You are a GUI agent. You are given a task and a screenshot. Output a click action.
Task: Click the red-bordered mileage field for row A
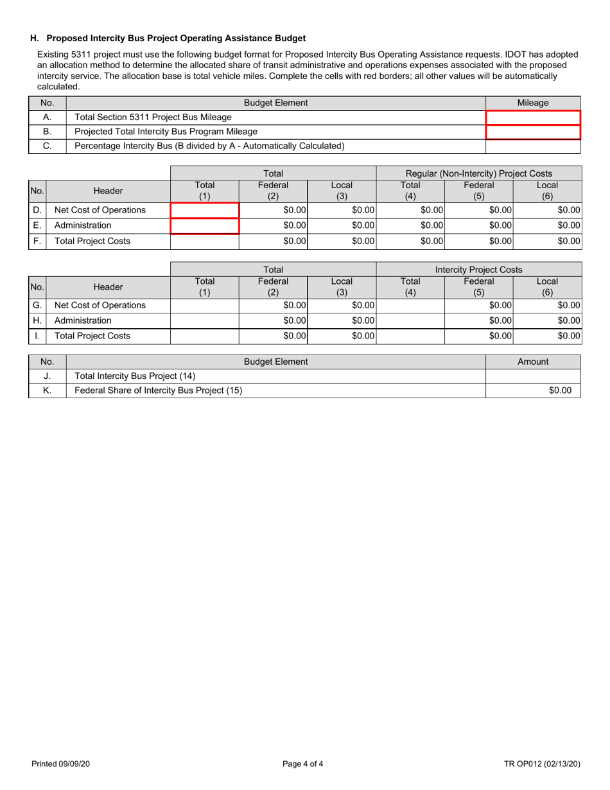(x=533, y=118)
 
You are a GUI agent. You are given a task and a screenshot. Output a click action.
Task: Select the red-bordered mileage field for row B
(x=533, y=132)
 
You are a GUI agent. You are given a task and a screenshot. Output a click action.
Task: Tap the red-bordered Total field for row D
(x=205, y=210)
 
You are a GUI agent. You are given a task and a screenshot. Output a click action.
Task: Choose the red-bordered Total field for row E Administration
(x=205, y=226)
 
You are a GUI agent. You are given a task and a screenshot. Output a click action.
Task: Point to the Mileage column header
(x=533, y=103)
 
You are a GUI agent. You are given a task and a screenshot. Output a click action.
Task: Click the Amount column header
(x=533, y=362)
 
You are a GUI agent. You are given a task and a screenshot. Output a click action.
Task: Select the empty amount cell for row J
(x=533, y=376)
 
